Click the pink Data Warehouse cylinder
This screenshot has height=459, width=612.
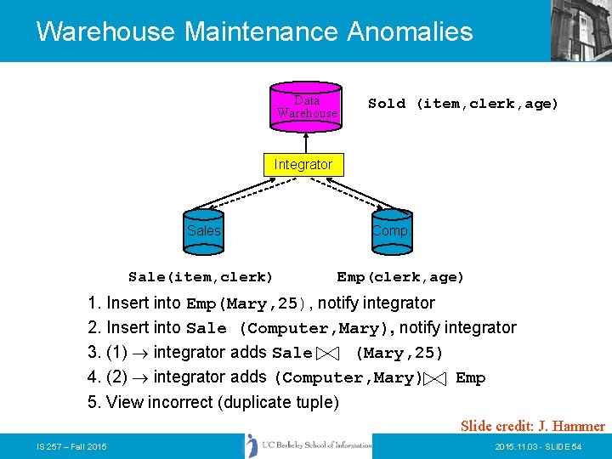(306, 106)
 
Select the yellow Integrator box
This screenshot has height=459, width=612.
(303, 164)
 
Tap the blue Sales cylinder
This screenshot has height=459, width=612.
(204, 231)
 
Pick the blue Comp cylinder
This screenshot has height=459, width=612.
(389, 231)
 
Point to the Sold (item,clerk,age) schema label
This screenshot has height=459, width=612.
(463, 104)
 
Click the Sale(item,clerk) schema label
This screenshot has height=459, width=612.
(201, 277)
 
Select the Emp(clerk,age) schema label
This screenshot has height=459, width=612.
(400, 277)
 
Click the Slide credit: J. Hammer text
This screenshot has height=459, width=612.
(533, 426)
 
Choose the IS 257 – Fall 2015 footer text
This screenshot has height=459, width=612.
(71, 446)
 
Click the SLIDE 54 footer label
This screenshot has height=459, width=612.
(562, 446)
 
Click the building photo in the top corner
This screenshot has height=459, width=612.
(581, 31)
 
